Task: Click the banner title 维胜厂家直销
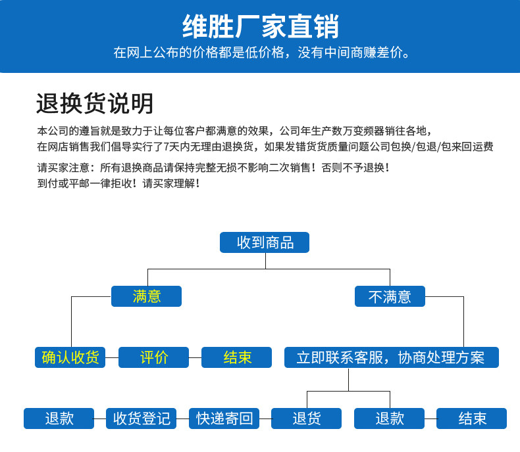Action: pos(261,26)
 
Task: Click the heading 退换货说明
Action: pos(95,104)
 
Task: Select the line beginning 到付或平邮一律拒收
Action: pos(118,183)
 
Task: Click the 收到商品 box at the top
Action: pos(265,242)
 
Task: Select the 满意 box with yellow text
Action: pos(146,296)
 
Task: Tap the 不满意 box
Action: pos(390,296)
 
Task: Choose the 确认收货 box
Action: pos(70,357)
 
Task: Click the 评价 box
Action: pos(153,357)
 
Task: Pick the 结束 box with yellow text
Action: pos(236,357)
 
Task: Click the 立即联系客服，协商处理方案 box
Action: pos(392,357)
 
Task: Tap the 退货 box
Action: pos(307,418)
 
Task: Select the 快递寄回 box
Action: pos(224,418)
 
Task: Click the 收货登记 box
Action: pos(142,418)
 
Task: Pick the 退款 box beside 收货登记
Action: pos(59,418)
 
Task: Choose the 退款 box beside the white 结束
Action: pos(389,418)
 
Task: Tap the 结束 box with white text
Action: pos(471,418)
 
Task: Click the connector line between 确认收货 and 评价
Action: pos(112,357)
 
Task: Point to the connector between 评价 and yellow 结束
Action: pos(195,357)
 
